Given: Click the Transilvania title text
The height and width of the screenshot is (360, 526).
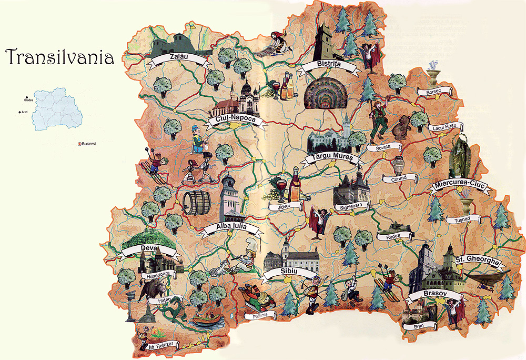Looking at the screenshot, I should pos(60,57).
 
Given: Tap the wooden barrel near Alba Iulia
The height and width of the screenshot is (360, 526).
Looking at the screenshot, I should pos(196,203).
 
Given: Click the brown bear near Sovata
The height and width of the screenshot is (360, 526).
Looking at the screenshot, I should pos(402,126).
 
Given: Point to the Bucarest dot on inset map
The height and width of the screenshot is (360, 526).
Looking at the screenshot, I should pos(80,143).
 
